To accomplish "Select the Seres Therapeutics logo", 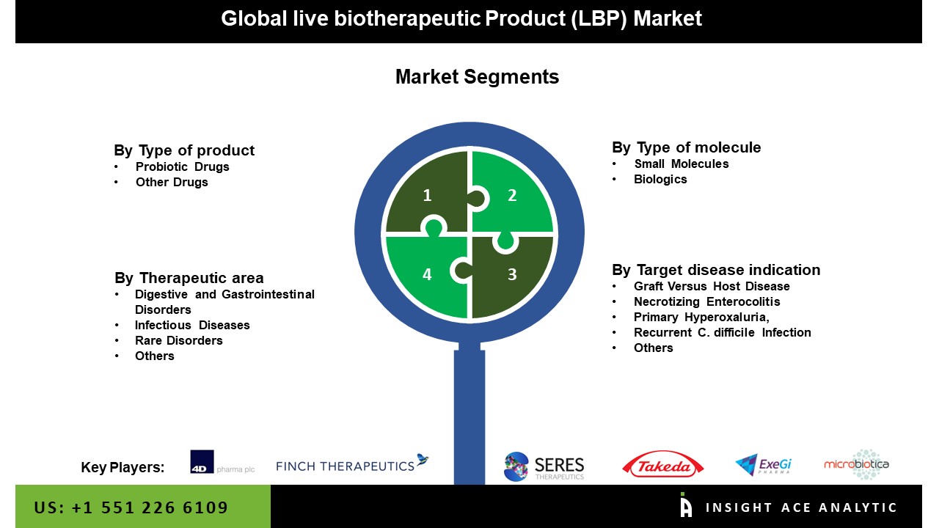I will click(x=544, y=466).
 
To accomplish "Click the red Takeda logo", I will click(x=663, y=465).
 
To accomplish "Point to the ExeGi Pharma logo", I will click(x=763, y=465).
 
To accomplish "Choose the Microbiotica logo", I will click(x=857, y=464).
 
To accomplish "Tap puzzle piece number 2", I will click(x=512, y=192).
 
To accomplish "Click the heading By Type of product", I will click(x=184, y=150).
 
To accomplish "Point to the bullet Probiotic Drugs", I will click(x=182, y=166).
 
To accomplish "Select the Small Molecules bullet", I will click(x=682, y=164).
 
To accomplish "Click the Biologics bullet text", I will click(x=660, y=179).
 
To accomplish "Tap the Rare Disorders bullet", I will click(x=178, y=340).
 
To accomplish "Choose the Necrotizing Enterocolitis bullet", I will click(x=706, y=301).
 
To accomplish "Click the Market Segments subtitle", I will click(x=477, y=77).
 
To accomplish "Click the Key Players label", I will click(x=123, y=467).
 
